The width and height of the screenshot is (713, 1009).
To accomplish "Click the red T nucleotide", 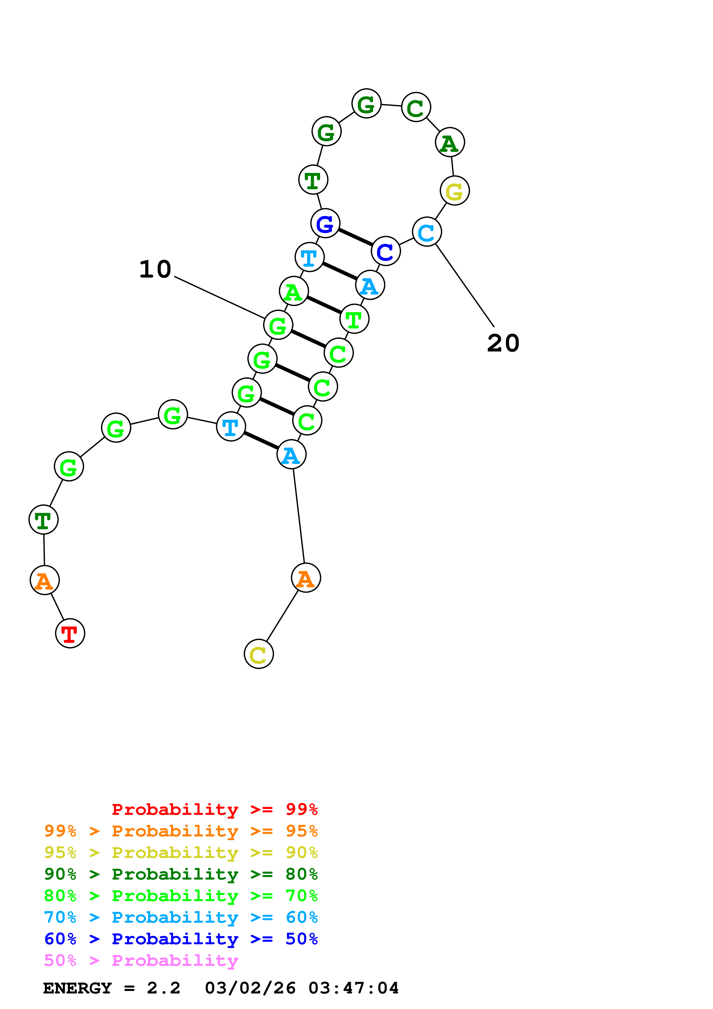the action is tap(70, 633).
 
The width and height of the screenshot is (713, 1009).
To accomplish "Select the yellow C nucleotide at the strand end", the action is tap(259, 654).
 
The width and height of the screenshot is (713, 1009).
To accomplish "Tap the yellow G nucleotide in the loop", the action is tap(455, 191).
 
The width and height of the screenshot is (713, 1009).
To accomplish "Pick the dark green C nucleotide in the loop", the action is tap(416, 107).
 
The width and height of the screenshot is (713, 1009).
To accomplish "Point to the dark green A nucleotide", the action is tap(450, 142).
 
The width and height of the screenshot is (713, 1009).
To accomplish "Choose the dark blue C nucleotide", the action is tap(386, 251).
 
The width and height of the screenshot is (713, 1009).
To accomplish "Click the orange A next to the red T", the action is tap(44, 580).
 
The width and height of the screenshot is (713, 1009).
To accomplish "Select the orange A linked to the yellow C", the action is tap(306, 578).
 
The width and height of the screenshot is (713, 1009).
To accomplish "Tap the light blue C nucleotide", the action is tap(427, 232).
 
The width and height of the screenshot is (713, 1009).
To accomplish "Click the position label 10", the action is tap(155, 270).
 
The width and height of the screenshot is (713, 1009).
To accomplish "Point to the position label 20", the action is tap(503, 343).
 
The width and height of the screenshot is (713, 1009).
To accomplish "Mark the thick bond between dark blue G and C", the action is tap(355, 237).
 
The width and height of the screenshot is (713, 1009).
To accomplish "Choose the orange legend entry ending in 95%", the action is tap(181, 831).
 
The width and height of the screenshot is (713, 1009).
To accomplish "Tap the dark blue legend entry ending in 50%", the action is tap(181, 939).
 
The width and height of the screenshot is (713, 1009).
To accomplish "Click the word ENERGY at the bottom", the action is tap(77, 988).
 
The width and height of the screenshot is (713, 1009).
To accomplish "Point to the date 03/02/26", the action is tap(251, 988).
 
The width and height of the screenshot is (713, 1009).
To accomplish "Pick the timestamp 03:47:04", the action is tap(354, 988).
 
